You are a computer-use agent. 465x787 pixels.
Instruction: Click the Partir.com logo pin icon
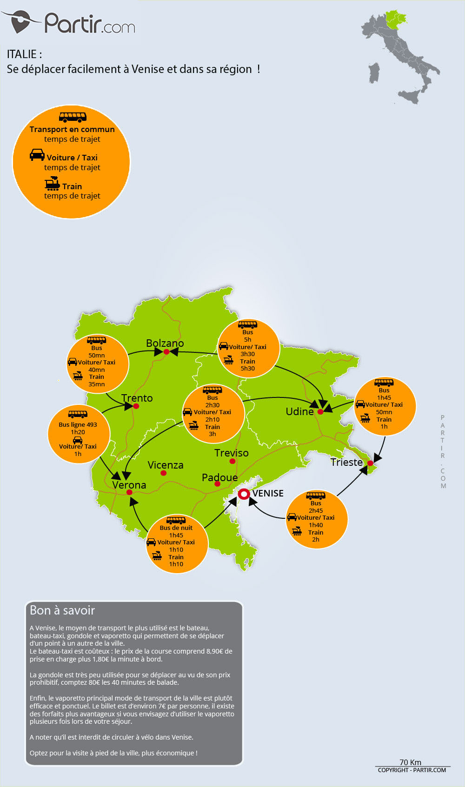tap(20, 22)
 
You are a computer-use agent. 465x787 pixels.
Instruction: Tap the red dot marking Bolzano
tap(166, 352)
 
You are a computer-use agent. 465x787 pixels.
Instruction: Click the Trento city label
tap(137, 398)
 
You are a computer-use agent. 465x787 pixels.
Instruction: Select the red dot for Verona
tap(129, 492)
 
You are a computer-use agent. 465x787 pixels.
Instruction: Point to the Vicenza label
tap(165, 465)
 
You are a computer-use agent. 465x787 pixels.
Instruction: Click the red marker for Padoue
tap(217, 484)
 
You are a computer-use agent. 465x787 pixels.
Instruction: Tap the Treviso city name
tap(231, 453)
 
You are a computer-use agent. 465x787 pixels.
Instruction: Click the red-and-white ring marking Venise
tap(244, 494)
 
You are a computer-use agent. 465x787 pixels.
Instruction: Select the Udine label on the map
tap(299, 411)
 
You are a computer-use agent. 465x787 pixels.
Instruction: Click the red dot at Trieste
tap(370, 463)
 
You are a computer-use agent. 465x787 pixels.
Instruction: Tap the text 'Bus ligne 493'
tap(78, 424)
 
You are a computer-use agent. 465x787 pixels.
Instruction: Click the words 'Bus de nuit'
tap(176, 528)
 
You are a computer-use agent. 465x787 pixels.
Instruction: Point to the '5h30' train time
tap(247, 368)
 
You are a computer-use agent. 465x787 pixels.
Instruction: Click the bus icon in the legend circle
tap(73, 117)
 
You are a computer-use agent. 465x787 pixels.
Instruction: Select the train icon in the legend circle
tap(52, 184)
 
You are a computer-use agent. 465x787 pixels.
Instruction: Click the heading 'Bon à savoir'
tap(62, 610)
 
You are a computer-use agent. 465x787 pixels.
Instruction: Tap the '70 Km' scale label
tap(410, 762)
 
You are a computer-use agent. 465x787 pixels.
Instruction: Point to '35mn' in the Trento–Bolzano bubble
tap(96, 384)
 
